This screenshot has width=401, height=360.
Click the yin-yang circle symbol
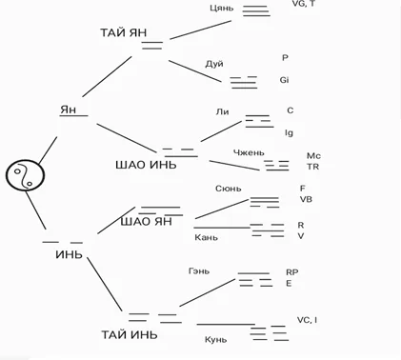tap(25, 175)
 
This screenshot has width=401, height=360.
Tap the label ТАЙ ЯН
tap(124, 32)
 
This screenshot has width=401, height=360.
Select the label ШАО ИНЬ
tap(146, 165)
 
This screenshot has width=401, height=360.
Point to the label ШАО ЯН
tap(147, 221)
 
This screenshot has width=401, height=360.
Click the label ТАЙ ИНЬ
tap(130, 334)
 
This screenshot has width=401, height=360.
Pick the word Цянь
tap(222, 8)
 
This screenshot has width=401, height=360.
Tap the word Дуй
tap(214, 64)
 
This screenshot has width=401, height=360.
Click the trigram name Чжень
tap(249, 152)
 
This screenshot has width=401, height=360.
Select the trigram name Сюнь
tap(229, 189)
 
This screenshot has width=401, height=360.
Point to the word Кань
tap(206, 237)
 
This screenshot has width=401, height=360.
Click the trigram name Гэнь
tap(199, 271)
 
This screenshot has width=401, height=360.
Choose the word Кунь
tap(215, 340)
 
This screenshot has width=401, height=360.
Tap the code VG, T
tap(304, 4)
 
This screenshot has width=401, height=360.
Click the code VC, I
tap(307, 320)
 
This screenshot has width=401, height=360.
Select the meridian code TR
tap(312, 167)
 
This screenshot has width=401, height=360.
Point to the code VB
tap(306, 199)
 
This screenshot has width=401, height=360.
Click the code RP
tap(292, 272)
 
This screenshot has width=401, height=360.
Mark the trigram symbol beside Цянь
tap(256, 10)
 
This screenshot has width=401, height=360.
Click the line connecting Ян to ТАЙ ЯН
tap(107, 76)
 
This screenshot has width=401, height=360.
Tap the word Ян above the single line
tap(69, 110)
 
